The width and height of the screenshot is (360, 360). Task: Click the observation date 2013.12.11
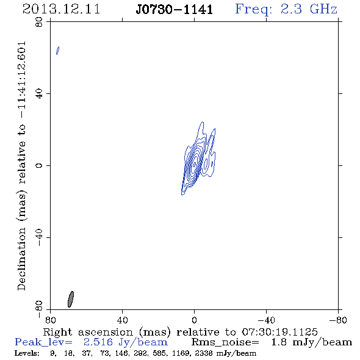(61, 9)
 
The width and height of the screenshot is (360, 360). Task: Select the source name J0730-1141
(175, 10)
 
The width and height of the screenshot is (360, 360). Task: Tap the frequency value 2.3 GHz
(309, 9)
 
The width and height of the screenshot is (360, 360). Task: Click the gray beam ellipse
(71, 299)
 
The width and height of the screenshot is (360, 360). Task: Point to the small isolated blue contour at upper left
(58, 51)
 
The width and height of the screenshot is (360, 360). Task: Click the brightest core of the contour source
(195, 164)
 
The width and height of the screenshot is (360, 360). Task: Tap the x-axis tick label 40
(122, 320)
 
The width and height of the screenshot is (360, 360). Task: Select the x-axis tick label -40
(266, 320)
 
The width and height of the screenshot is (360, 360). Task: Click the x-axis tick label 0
(194, 320)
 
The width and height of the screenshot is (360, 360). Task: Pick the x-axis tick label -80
(338, 320)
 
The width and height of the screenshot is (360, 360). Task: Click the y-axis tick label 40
(39, 94)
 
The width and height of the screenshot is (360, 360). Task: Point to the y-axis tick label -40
(39, 237)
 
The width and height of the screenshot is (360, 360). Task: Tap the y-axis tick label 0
(39, 165)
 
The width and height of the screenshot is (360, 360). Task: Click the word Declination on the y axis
(21, 259)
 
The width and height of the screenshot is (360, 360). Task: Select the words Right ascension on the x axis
(88, 332)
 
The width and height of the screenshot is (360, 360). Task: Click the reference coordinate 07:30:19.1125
(279, 332)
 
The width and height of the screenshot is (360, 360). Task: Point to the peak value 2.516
(98, 342)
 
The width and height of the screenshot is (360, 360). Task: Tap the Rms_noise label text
(225, 342)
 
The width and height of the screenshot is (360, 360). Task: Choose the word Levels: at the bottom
(27, 353)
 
